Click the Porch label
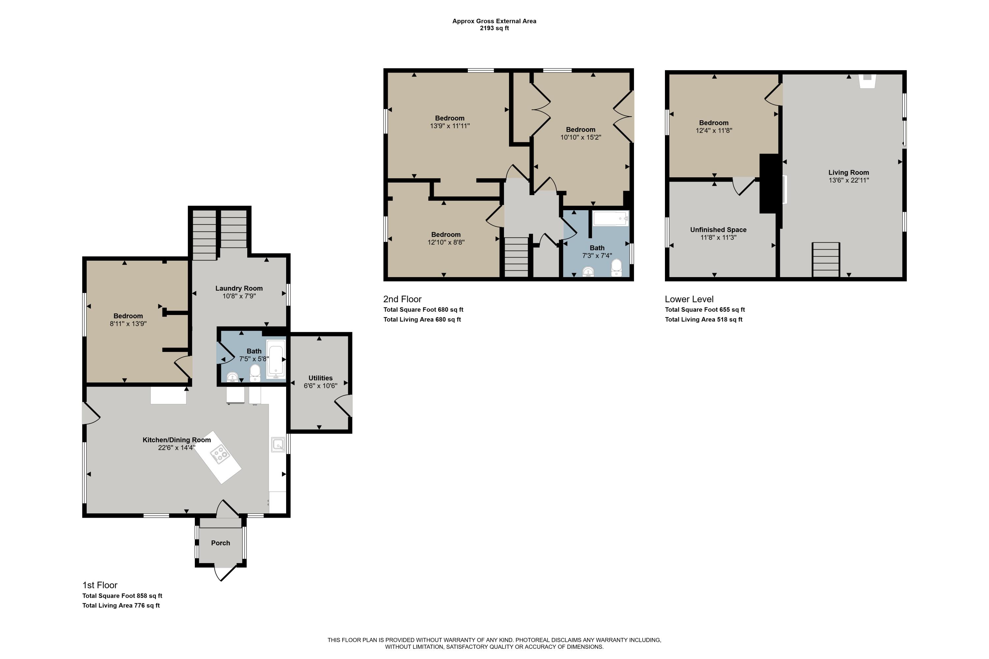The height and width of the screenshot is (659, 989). point(220,543)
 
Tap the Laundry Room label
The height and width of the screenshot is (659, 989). point(239,288)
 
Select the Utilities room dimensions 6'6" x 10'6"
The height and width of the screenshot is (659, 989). point(320,386)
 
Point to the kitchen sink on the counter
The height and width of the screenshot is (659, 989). point(278,444)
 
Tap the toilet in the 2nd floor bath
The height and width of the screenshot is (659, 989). point(616,267)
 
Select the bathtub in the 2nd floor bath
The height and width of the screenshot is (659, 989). point(611,218)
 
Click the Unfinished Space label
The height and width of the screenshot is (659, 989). point(718,230)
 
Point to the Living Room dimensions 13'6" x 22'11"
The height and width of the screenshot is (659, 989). point(849,180)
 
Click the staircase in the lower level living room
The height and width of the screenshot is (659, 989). point(826,260)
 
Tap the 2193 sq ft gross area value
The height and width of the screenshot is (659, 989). point(494,28)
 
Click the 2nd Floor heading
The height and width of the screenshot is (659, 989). point(402,299)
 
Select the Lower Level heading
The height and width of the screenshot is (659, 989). point(689,299)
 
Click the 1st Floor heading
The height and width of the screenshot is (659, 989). point(100,585)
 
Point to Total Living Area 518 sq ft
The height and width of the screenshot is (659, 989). point(704,319)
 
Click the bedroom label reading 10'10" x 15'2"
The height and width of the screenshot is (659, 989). point(580,137)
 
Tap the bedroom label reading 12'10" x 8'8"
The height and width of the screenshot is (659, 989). point(446,242)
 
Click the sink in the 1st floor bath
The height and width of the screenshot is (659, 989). point(232,377)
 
